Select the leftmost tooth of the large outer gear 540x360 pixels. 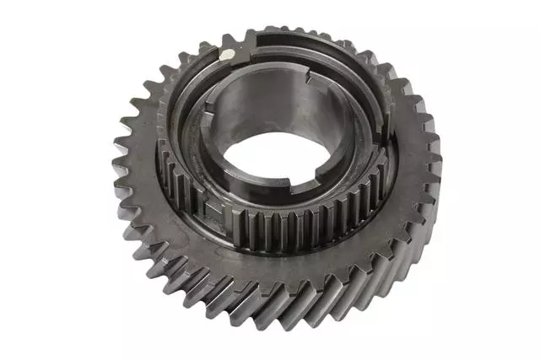[119, 160]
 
